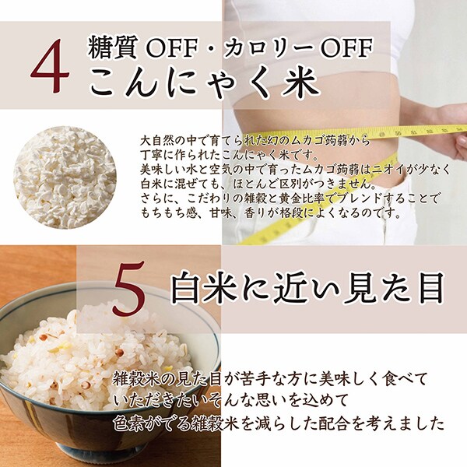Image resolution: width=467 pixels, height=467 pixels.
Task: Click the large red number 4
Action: click(x=50, y=66)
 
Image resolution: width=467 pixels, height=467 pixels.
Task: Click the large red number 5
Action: click(x=128, y=287)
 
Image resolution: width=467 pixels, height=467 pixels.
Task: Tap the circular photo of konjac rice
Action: click(x=65, y=177)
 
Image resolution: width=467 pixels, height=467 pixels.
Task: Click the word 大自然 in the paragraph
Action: click(x=156, y=140)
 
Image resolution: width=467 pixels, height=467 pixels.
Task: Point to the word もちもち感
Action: click(x=169, y=213)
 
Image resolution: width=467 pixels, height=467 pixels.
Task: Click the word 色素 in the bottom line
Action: click(x=128, y=424)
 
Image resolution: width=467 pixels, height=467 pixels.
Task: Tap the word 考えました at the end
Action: click(x=407, y=424)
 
